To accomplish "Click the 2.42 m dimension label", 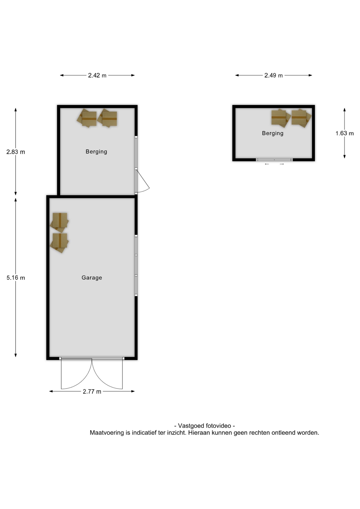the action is pyautogui.click(x=97, y=76).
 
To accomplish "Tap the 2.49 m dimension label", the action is pyautogui.click(x=273, y=76).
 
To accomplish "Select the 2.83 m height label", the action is pyautogui.click(x=16, y=152).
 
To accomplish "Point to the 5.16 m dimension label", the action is pyautogui.click(x=16, y=278).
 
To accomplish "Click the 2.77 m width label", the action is pyautogui.click(x=92, y=392).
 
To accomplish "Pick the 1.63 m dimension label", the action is pyautogui.click(x=345, y=133).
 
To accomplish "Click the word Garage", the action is pyautogui.click(x=92, y=278).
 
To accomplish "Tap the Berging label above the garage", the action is pyautogui.click(x=96, y=152).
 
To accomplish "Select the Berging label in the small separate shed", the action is pyautogui.click(x=273, y=133).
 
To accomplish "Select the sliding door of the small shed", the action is pyautogui.click(x=274, y=160).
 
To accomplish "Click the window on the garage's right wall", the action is pyautogui.click(x=136, y=265).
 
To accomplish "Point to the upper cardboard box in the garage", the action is pyautogui.click(x=59, y=222).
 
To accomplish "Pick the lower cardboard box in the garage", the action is pyautogui.click(x=59, y=243).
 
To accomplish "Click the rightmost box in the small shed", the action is pyautogui.click(x=301, y=118).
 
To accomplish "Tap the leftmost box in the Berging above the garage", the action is pyautogui.click(x=87, y=118).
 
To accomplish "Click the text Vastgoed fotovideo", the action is pyautogui.click(x=204, y=426).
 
